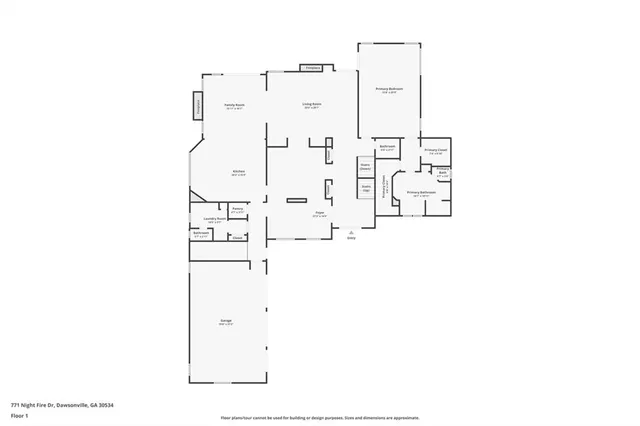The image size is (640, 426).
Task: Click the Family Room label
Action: [234, 105]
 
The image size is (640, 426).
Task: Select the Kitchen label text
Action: [239, 172]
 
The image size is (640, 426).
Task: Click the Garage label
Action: [226, 321]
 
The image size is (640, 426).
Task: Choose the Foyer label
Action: [320, 213]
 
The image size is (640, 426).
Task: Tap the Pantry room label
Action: [238, 209]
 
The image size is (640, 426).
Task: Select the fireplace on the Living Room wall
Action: [312, 68]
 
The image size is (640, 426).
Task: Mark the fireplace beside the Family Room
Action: [198, 104]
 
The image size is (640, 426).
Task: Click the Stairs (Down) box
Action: [366, 167]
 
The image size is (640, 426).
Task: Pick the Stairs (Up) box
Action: [366, 187]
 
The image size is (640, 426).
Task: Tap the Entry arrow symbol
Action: [351, 232]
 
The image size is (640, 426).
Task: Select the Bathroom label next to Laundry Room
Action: [201, 234]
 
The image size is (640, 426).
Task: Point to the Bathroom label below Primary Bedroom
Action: [388, 147]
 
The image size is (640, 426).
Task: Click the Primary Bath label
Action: [442, 172]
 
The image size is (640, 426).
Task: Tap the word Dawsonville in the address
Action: [71, 405]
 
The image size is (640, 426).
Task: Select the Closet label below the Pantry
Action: [237, 238]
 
